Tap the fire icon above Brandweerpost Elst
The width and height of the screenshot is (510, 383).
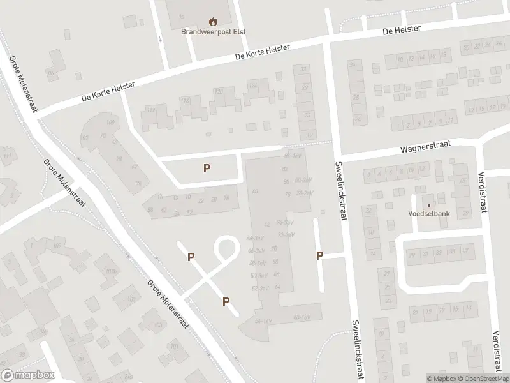(213, 20)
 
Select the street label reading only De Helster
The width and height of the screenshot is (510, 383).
(402, 30)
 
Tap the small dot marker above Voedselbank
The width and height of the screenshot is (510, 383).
(428, 205)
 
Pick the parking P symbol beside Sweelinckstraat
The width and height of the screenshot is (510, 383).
(320, 256)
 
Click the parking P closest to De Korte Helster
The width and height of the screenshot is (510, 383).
(207, 169)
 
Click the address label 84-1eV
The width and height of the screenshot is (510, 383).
(292, 155)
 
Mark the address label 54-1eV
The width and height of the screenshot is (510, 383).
(263, 320)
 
